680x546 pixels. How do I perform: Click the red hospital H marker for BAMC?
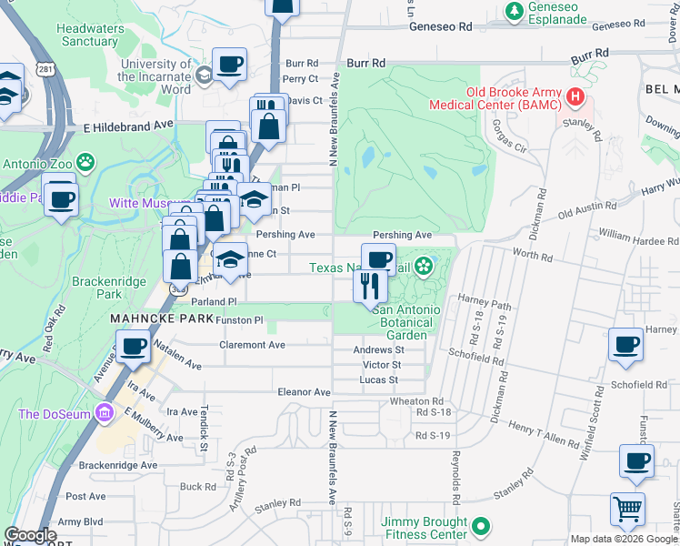[x=575, y=96]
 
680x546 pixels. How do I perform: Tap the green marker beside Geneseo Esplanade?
[x=515, y=11]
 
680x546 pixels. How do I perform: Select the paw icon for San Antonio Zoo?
[x=85, y=162]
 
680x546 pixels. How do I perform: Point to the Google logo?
[x=31, y=535]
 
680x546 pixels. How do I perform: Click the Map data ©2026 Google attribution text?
[x=624, y=539]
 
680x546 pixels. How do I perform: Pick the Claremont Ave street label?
[x=252, y=345]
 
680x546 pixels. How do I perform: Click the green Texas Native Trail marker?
[x=422, y=267]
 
